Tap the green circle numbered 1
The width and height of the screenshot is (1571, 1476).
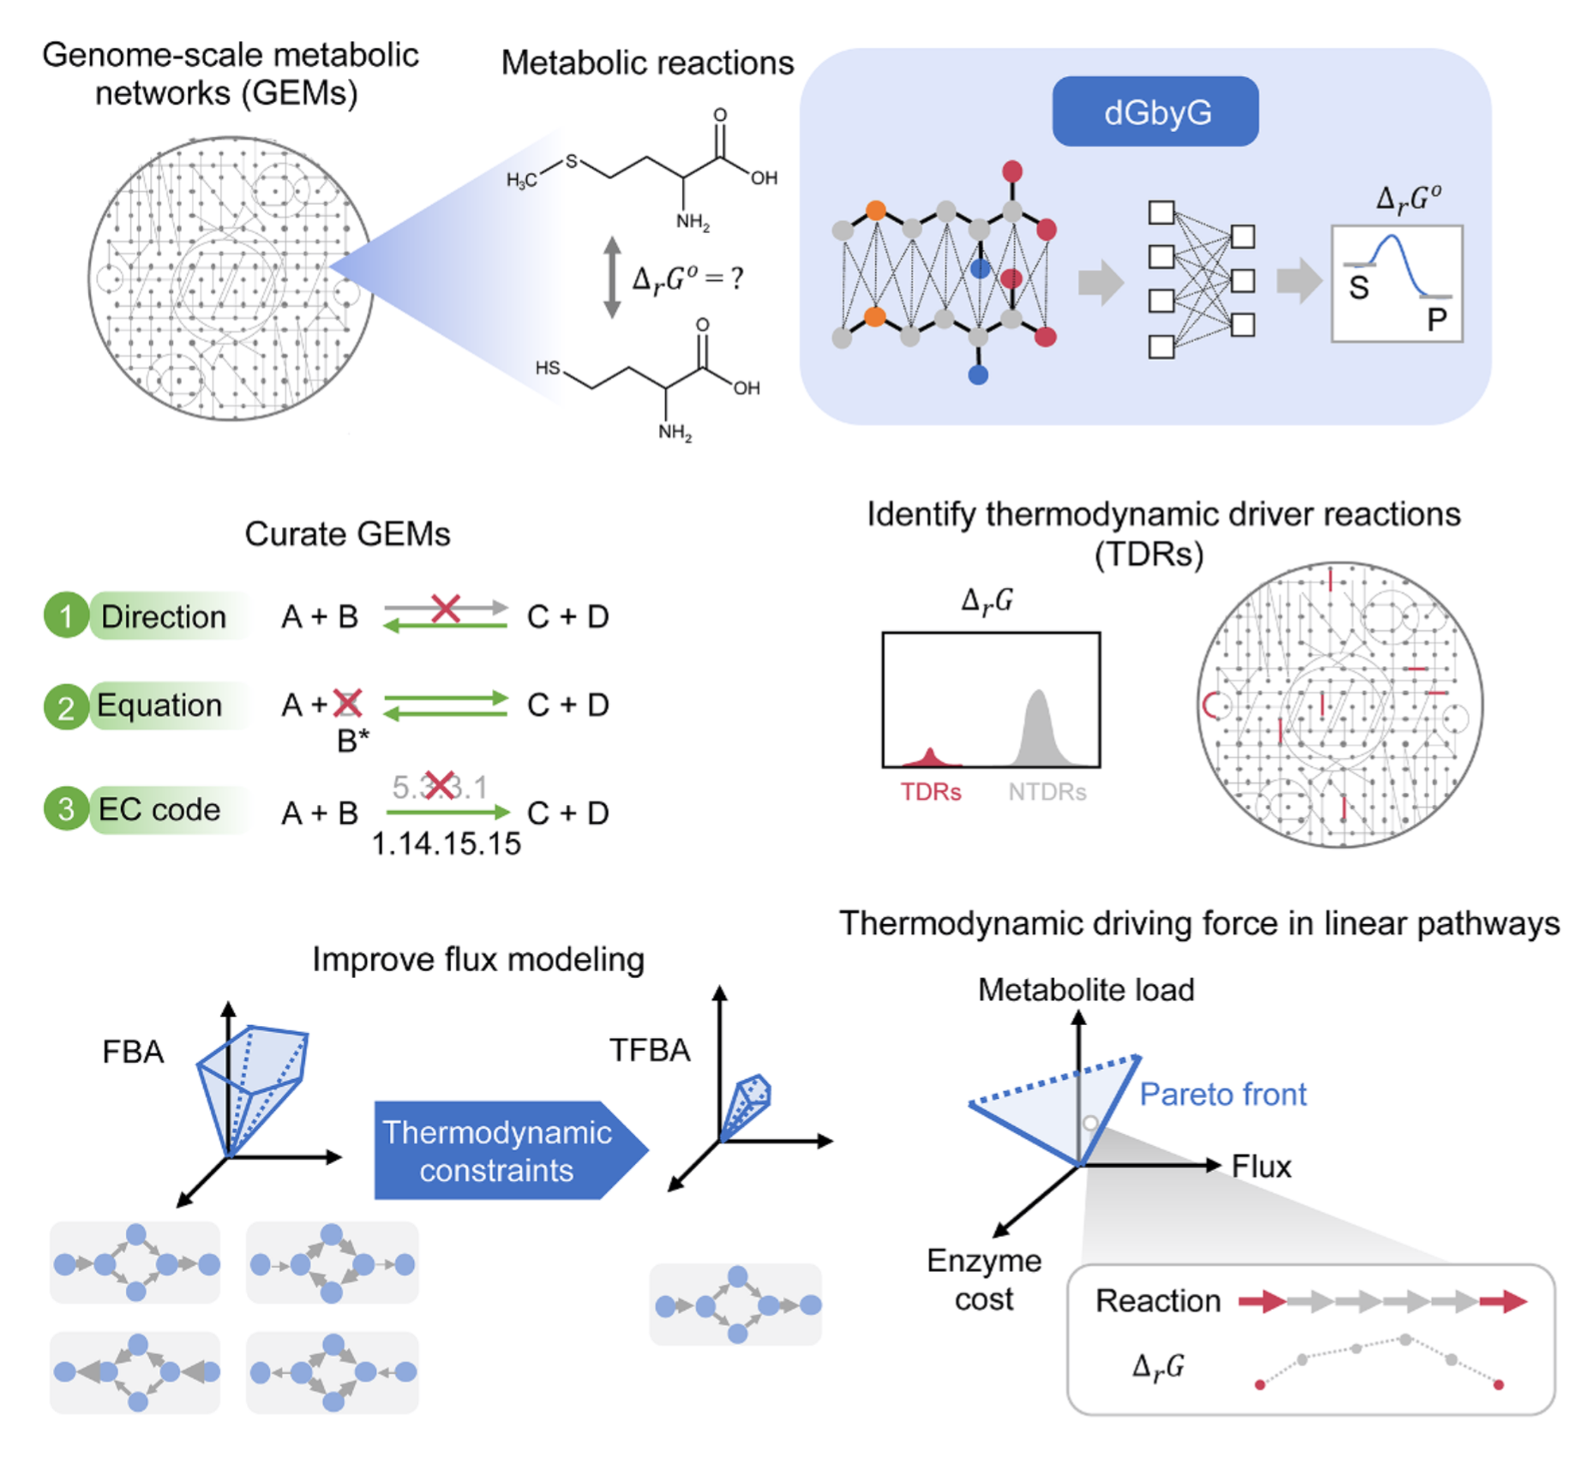point(66,615)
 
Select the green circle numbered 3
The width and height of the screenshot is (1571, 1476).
point(66,809)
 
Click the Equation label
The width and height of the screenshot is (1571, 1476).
point(159,705)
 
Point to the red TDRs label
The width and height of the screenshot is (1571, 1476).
point(930,791)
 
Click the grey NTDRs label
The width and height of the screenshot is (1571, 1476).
point(1046,791)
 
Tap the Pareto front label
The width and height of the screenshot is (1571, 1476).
point(1222,1094)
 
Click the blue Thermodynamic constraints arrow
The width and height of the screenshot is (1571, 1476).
point(501,1151)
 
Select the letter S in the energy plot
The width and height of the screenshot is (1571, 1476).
point(1358,288)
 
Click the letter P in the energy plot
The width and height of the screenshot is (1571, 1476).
point(1436,321)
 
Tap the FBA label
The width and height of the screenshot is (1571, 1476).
point(133,1052)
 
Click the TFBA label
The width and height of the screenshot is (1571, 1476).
point(649,1050)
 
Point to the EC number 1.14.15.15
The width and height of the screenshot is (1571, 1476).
point(446,843)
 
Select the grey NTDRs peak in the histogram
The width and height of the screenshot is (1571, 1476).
point(1039,729)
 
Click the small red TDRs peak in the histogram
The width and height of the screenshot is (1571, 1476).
point(931,757)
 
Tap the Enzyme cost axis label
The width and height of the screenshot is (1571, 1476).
point(984,1280)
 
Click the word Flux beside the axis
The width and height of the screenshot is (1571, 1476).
point(1261,1166)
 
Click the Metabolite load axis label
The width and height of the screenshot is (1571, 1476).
point(1085,989)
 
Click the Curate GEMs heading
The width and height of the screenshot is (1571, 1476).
point(347,533)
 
